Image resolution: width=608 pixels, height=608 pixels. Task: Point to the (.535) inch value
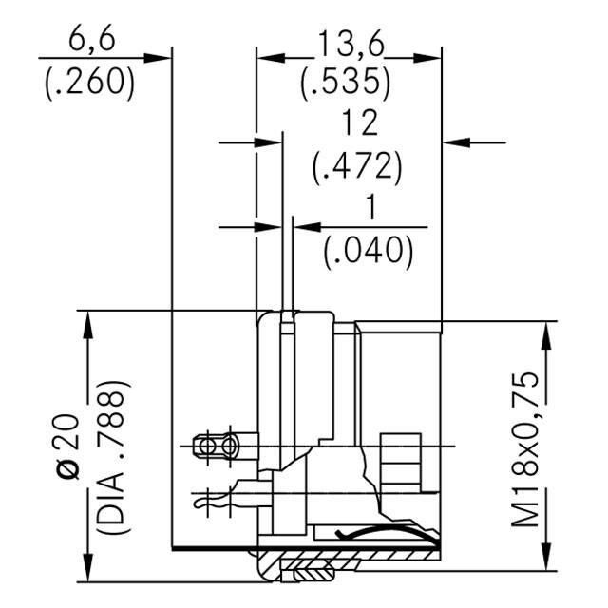(346, 83)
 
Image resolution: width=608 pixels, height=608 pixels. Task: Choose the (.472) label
(358, 167)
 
